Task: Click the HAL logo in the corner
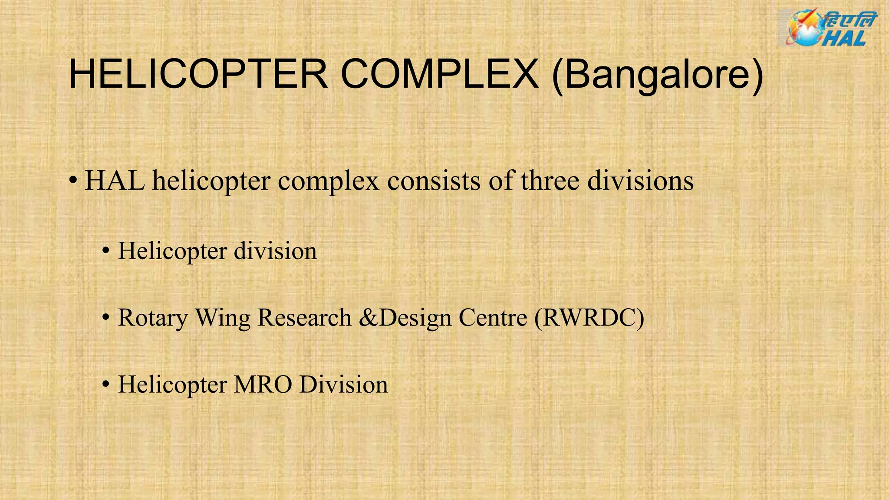(x=827, y=29)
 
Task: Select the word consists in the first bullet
(x=434, y=181)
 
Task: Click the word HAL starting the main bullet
(x=115, y=181)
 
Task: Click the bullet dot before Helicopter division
(x=105, y=251)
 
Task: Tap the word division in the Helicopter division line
(x=275, y=251)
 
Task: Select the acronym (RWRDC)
(x=589, y=318)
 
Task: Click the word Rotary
(x=153, y=319)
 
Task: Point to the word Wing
(x=223, y=319)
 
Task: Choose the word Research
(x=304, y=318)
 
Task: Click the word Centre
(x=493, y=318)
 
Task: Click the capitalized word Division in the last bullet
(x=343, y=385)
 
